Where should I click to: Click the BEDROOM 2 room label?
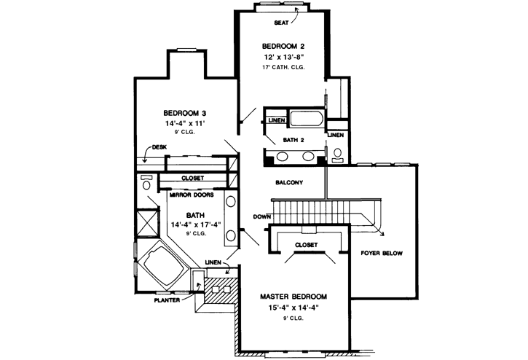[x=283, y=46]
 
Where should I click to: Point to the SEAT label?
[x=281, y=23]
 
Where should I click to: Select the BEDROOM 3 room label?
[x=185, y=113]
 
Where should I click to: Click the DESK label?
[x=159, y=147]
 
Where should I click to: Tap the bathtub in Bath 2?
[x=307, y=119]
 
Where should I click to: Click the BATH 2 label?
[x=293, y=140]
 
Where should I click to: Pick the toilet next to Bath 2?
[x=337, y=155]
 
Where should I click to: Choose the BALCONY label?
[x=289, y=182]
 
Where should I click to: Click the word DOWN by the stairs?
[x=261, y=216]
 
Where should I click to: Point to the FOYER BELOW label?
[x=382, y=253]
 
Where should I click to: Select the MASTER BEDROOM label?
[x=293, y=297]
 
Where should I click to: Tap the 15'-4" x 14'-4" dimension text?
[x=293, y=308]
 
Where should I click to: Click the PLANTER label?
[x=167, y=300]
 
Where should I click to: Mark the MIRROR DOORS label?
[x=192, y=195]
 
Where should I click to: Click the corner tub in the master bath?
[x=162, y=266]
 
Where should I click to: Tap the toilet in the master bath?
[x=146, y=182]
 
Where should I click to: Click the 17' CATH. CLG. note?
[x=283, y=67]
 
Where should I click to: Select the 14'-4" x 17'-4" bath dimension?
[x=196, y=225]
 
